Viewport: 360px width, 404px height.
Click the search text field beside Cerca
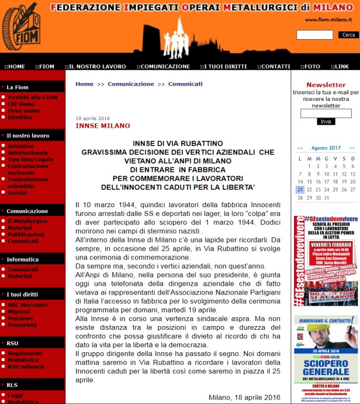pos(315,35)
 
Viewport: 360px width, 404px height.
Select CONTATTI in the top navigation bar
pos(274,67)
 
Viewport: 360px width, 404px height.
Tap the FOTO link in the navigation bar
pos(311,67)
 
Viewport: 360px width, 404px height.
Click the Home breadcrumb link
pos(85,84)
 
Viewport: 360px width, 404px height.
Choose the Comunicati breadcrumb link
pos(185,84)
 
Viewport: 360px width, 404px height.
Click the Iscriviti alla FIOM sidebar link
pos(32,97)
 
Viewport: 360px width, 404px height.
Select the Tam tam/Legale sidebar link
pos(27,159)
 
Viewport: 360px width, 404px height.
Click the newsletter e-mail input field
pos(326,113)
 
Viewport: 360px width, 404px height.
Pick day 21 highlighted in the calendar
pos(300,190)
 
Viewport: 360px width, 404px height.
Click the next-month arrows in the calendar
pos(352,148)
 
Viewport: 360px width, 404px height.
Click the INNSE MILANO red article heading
pos(103,126)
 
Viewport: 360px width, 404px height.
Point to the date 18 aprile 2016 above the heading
pos(93,118)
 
